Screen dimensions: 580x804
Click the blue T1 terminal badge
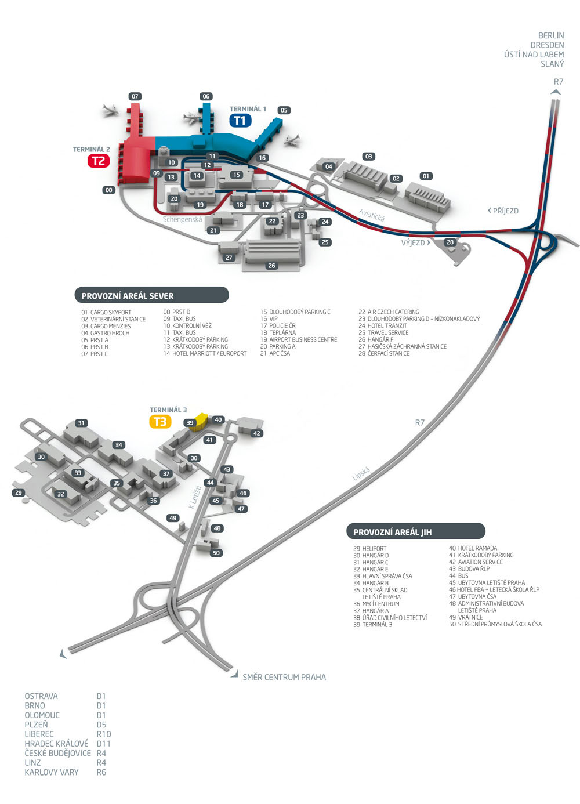tap(240, 121)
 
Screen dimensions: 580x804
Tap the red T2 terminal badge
tap(99, 161)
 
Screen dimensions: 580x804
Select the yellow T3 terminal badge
tap(160, 422)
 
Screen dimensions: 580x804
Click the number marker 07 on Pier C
tap(135, 96)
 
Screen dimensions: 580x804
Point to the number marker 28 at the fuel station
tap(450, 242)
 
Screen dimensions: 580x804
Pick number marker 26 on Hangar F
tap(271, 266)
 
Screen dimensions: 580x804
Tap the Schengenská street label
tap(182, 219)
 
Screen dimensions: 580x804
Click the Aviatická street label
tap(372, 215)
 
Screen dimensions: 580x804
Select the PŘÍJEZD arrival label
tap(503, 211)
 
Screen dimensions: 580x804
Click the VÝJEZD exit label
tap(416, 242)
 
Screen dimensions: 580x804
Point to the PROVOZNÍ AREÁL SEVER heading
tap(128, 296)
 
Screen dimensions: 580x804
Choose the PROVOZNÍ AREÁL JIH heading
tap(392, 533)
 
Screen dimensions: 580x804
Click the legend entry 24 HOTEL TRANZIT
tap(383, 325)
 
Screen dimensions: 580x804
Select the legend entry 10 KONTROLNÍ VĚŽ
tap(187, 325)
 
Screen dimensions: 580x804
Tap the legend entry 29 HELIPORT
tap(369, 548)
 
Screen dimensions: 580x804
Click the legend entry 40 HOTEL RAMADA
tap(473, 548)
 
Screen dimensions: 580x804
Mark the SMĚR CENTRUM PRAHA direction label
tap(284, 678)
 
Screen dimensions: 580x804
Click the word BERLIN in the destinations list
tap(551, 35)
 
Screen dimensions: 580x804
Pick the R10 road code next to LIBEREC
tap(104, 734)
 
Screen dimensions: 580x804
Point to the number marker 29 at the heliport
tap(19, 493)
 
